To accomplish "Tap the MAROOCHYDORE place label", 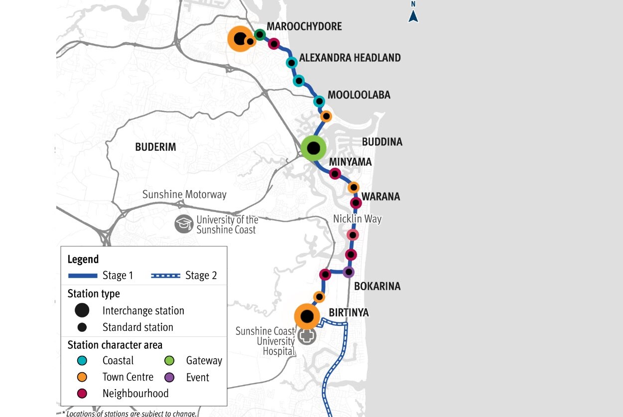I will point(304,26).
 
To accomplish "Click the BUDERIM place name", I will point(156,147).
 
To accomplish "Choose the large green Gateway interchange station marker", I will point(313,148).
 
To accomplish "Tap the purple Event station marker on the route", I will point(348,272).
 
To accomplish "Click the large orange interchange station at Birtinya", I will point(307,316).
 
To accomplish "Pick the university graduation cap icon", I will point(184,224).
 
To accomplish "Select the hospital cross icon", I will point(307,336).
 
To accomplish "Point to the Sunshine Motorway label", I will point(184,195).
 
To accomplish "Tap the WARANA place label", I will point(380,197).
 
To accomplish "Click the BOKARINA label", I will point(377,287).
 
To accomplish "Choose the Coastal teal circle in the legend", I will point(82,361).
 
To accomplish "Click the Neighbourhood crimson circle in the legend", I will point(82,393).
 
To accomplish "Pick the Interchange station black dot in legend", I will point(82,311).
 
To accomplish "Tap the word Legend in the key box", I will point(83,259).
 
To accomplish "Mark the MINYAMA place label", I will point(350,162).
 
